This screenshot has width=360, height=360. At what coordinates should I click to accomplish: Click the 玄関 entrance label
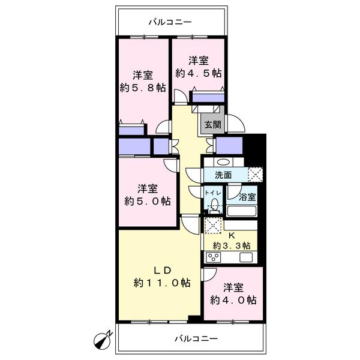[x=212, y=125]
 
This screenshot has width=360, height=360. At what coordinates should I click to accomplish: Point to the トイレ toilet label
[x=212, y=193]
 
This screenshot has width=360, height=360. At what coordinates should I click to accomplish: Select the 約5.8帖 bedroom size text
[x=143, y=88]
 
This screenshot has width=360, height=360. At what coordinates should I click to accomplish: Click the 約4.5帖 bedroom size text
[x=199, y=73]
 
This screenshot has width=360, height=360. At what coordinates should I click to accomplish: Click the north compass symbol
[x=103, y=340]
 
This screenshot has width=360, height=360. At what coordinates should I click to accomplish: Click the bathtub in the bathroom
[x=242, y=211]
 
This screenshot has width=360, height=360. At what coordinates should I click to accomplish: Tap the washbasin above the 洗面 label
[x=223, y=163]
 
